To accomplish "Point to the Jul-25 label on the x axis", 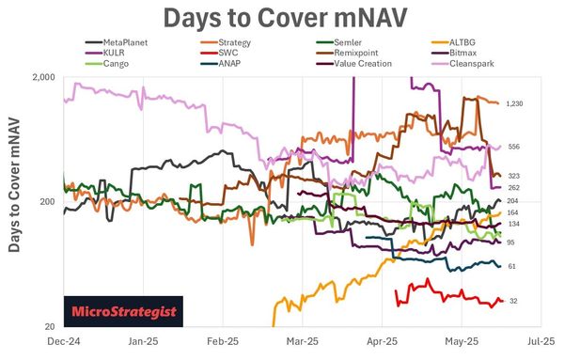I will (541, 344).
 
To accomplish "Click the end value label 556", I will (513, 147).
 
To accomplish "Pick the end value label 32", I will (512, 301).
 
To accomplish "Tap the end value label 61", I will (512, 266).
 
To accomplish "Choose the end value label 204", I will (513, 201).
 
